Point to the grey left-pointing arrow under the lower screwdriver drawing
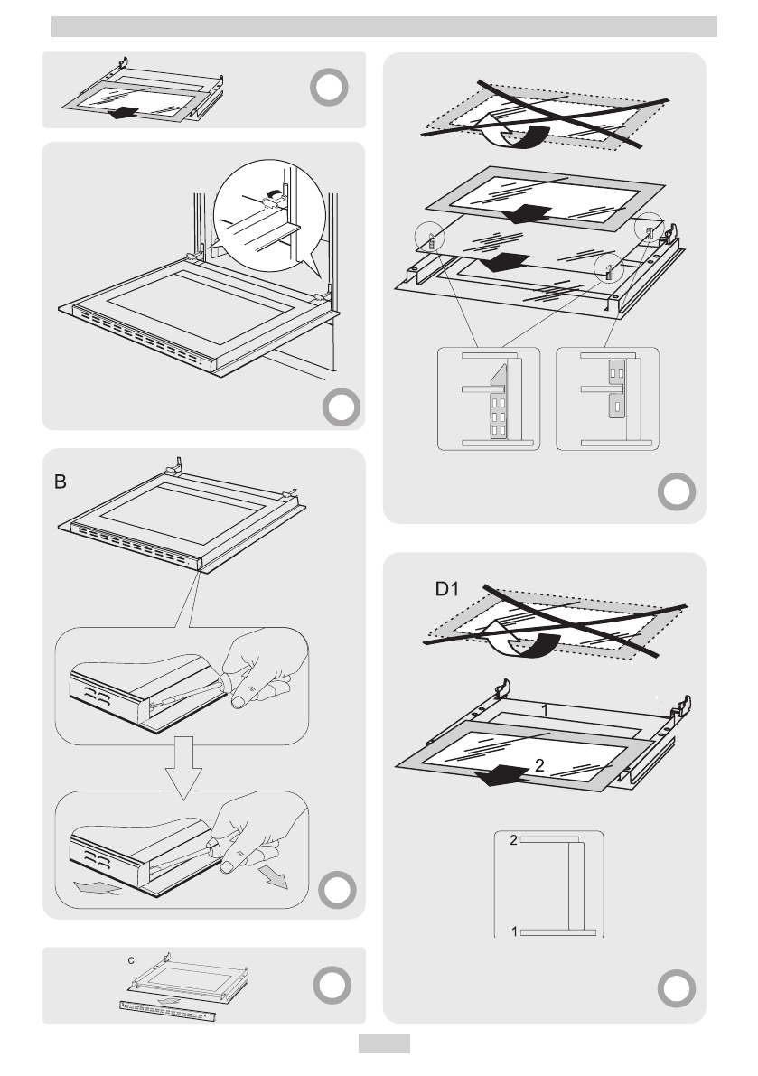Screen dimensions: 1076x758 tap(96, 889)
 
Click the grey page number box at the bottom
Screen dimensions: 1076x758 tap(384, 1043)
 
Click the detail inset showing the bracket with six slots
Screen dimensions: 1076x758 tap(488, 398)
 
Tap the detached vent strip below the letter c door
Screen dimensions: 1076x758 tap(170, 1009)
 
